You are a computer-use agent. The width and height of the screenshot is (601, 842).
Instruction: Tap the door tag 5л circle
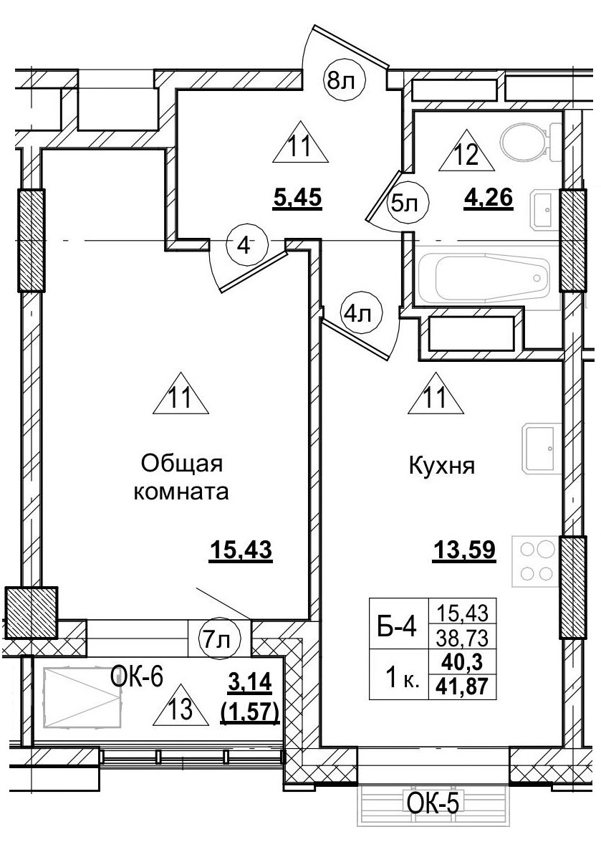coord(409,204)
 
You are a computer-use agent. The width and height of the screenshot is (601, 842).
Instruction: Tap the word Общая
coord(183,464)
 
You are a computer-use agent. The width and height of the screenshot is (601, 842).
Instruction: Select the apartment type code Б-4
coord(396,628)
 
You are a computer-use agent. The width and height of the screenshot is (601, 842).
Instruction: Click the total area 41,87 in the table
coord(461,687)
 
